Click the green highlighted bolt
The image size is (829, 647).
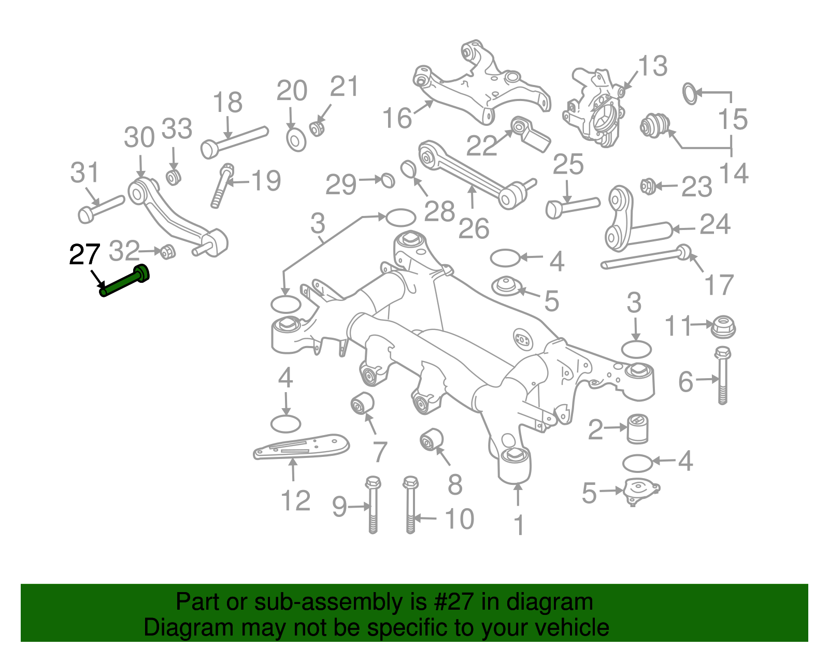click(x=124, y=281)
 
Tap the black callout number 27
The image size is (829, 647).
click(x=84, y=254)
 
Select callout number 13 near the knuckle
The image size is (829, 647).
click(x=652, y=66)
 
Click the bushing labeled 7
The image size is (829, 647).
click(x=363, y=404)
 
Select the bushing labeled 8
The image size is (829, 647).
click(x=431, y=439)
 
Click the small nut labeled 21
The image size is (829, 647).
click(x=317, y=127)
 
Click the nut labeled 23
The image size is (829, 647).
click(x=647, y=185)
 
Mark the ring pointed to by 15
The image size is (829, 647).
click(x=690, y=93)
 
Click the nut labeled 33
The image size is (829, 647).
click(x=173, y=177)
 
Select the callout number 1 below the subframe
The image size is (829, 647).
click(x=519, y=525)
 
